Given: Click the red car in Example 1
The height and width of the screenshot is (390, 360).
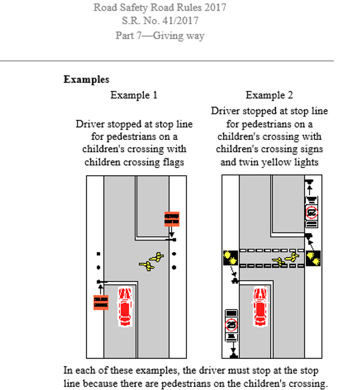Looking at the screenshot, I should [124, 306].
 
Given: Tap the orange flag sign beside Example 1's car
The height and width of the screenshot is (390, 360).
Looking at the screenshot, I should [101, 302].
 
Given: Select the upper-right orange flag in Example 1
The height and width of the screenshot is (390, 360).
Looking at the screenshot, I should [172, 219].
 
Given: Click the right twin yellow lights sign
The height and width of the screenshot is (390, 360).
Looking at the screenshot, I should [313, 258].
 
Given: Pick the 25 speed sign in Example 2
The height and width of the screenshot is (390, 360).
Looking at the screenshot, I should [231, 325].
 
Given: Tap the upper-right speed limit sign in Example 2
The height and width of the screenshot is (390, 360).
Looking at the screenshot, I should [312, 213].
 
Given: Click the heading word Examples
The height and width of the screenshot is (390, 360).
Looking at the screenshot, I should [86, 80].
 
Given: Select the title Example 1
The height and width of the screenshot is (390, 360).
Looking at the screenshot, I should [134, 95].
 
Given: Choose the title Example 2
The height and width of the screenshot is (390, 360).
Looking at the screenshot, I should [269, 95].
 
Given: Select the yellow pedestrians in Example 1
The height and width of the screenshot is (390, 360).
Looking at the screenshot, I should [152, 262].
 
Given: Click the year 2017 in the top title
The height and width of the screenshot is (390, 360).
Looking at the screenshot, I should [213, 7].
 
